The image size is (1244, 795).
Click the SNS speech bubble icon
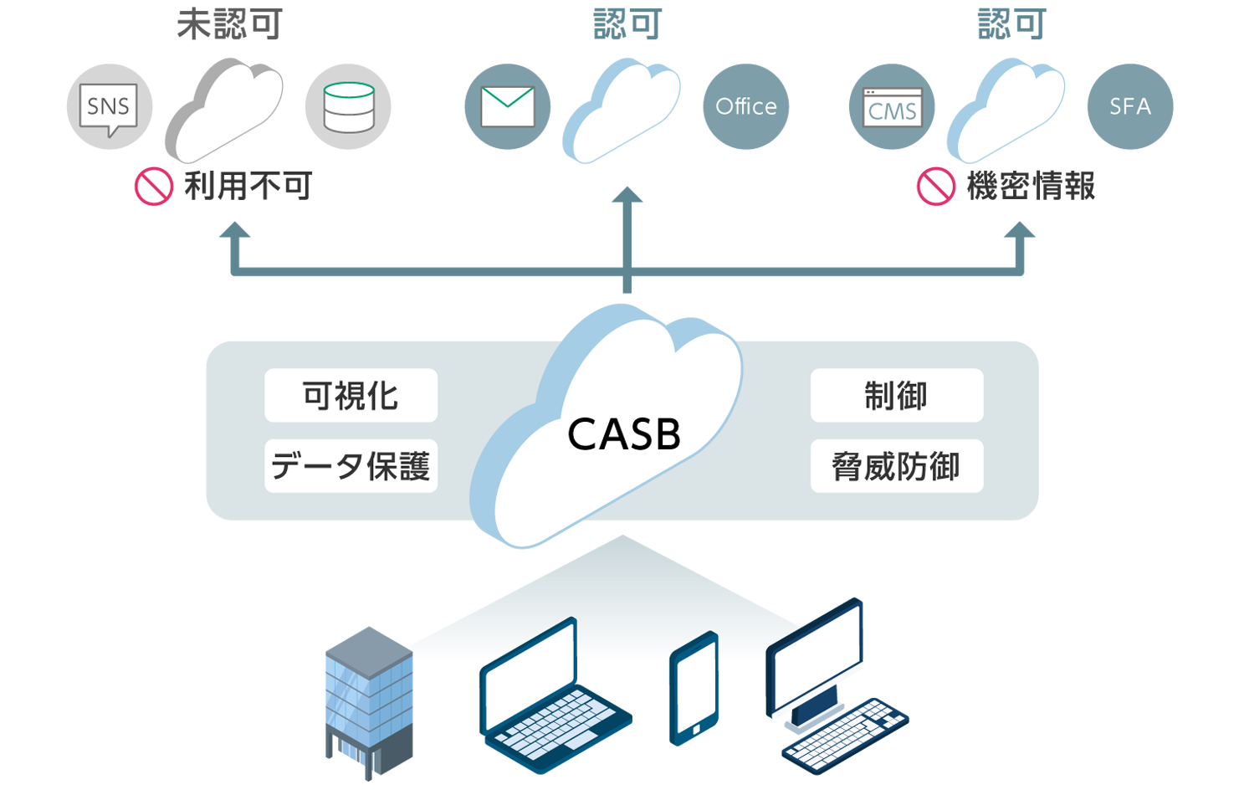pyautogui.click(x=108, y=107)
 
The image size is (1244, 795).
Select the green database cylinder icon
pyautogui.click(x=348, y=107)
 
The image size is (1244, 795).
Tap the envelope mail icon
pyautogui.click(x=507, y=106)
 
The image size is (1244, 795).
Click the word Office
pyautogui.click(x=745, y=106)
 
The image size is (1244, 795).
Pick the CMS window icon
pyautogui.click(x=892, y=107)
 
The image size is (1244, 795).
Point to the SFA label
pyautogui.click(x=1129, y=106)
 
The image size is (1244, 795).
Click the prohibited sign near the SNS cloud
pyautogui.click(x=154, y=186)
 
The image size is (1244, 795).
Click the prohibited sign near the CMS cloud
pyautogui.click(x=935, y=186)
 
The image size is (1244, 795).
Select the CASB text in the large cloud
pyautogui.click(x=623, y=434)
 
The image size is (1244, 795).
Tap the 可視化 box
pyautogui.click(x=351, y=395)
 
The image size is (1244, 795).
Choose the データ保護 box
pyautogui.click(x=351, y=465)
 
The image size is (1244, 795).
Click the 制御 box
pyautogui.click(x=896, y=395)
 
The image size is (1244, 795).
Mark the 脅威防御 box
pyautogui.click(x=896, y=465)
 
